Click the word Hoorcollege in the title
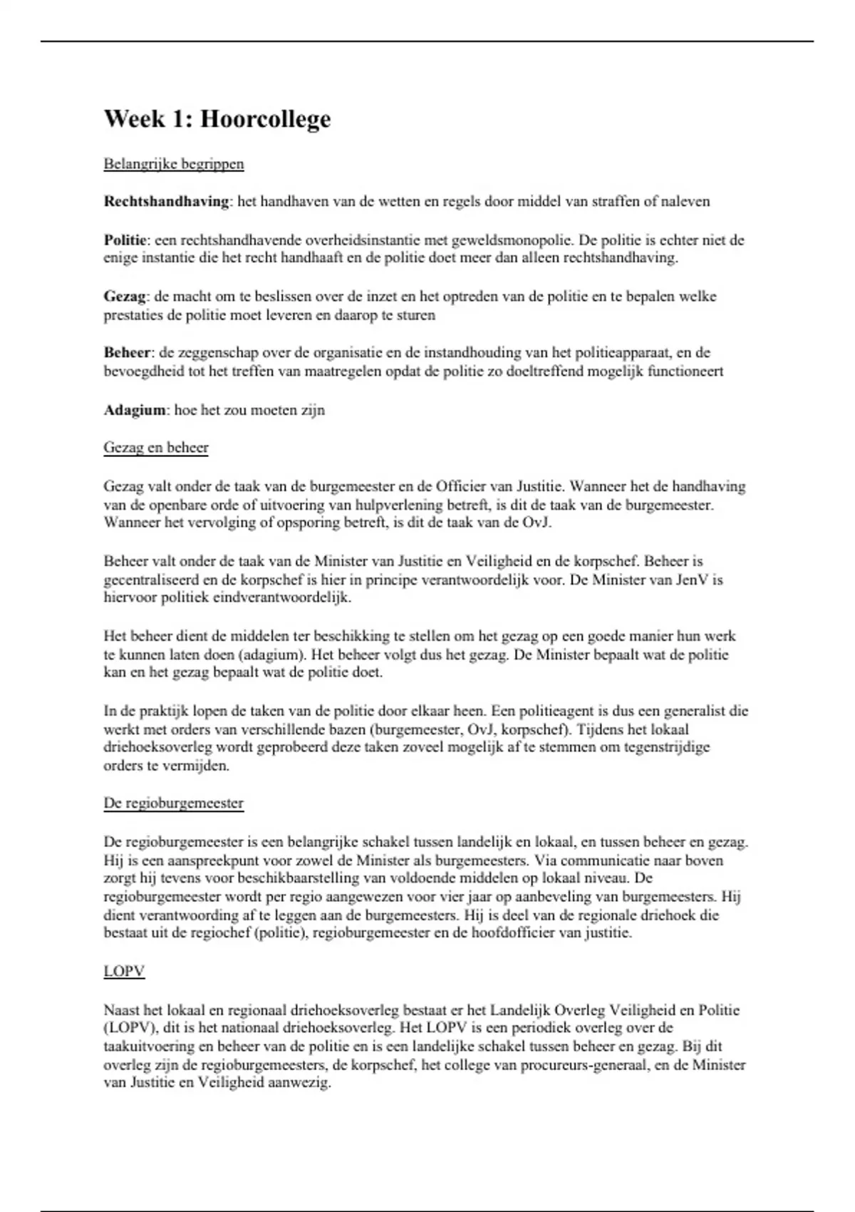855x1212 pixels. tap(265, 119)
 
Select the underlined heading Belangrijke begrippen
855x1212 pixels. tap(174, 164)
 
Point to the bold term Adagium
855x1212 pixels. tap(135, 410)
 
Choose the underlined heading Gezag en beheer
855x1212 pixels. tap(156, 448)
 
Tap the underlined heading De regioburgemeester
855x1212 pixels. tap(174, 803)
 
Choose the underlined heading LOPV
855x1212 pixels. tap(124, 971)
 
